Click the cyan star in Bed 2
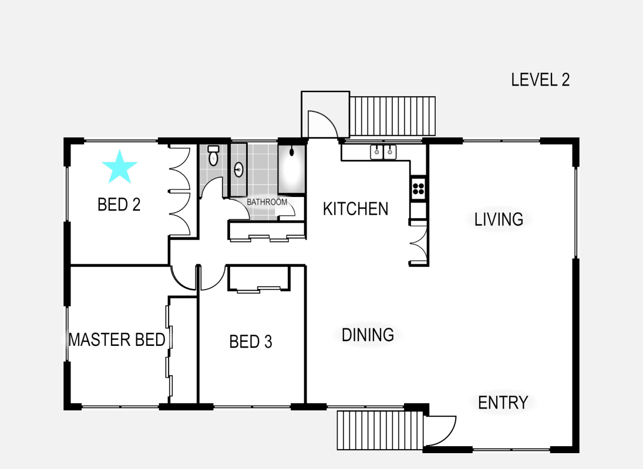tap(119, 166)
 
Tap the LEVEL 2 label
tap(540, 80)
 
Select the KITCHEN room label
tap(355, 209)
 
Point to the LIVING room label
tap(499, 219)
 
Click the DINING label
tap(368, 335)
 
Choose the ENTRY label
tap(503, 403)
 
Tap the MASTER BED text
tap(117, 339)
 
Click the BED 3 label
tap(251, 341)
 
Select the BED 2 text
tap(119, 205)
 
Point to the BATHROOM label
tap(267, 202)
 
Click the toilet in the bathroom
tap(213, 156)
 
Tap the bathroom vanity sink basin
tap(238, 170)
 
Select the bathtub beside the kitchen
tap(291, 169)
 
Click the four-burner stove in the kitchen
tap(418, 188)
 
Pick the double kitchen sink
tap(383, 152)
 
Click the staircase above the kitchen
tap(393, 115)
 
